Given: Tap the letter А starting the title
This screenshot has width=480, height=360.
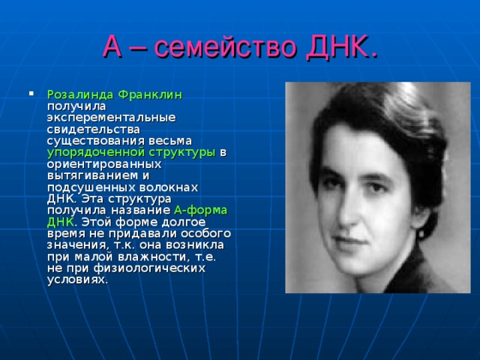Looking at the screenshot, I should click(112, 49).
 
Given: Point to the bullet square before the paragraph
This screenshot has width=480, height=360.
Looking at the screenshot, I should click(31, 95).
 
